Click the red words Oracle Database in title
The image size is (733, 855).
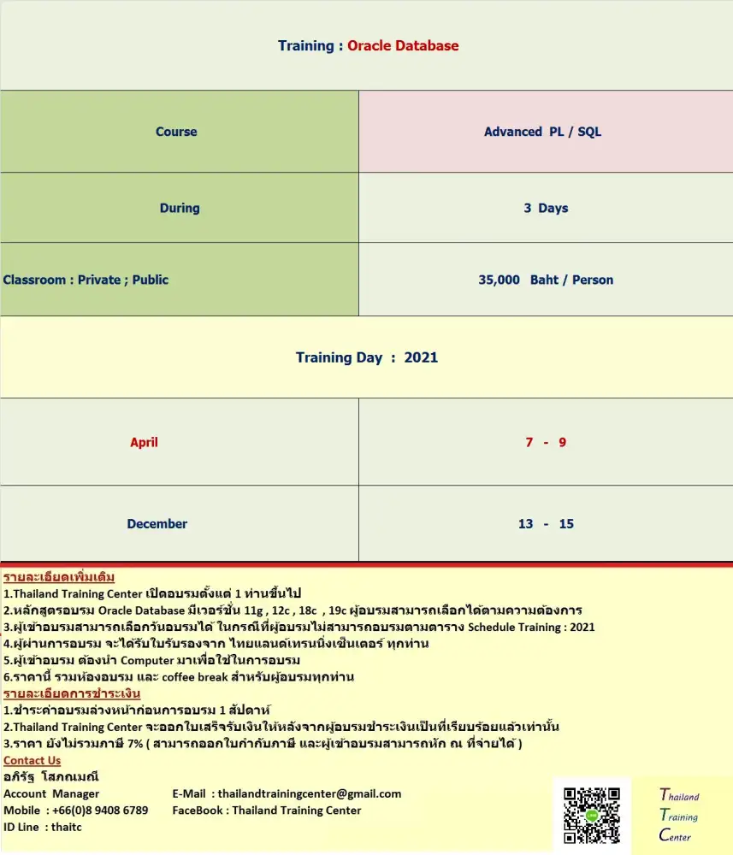403,46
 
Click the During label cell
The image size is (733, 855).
180,208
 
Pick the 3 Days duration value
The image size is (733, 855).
546,208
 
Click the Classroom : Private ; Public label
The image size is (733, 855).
86,280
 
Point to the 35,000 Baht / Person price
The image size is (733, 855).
546,280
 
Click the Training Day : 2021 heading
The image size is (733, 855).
366,357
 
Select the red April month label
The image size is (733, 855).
144,442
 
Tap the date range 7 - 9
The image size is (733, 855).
546,442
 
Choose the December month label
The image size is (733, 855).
157,523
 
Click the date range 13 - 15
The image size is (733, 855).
546,523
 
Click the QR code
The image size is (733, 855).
591,816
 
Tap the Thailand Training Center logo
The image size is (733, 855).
680,816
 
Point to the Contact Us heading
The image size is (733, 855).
32,760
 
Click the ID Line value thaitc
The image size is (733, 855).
67,827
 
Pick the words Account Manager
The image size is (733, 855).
51,793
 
